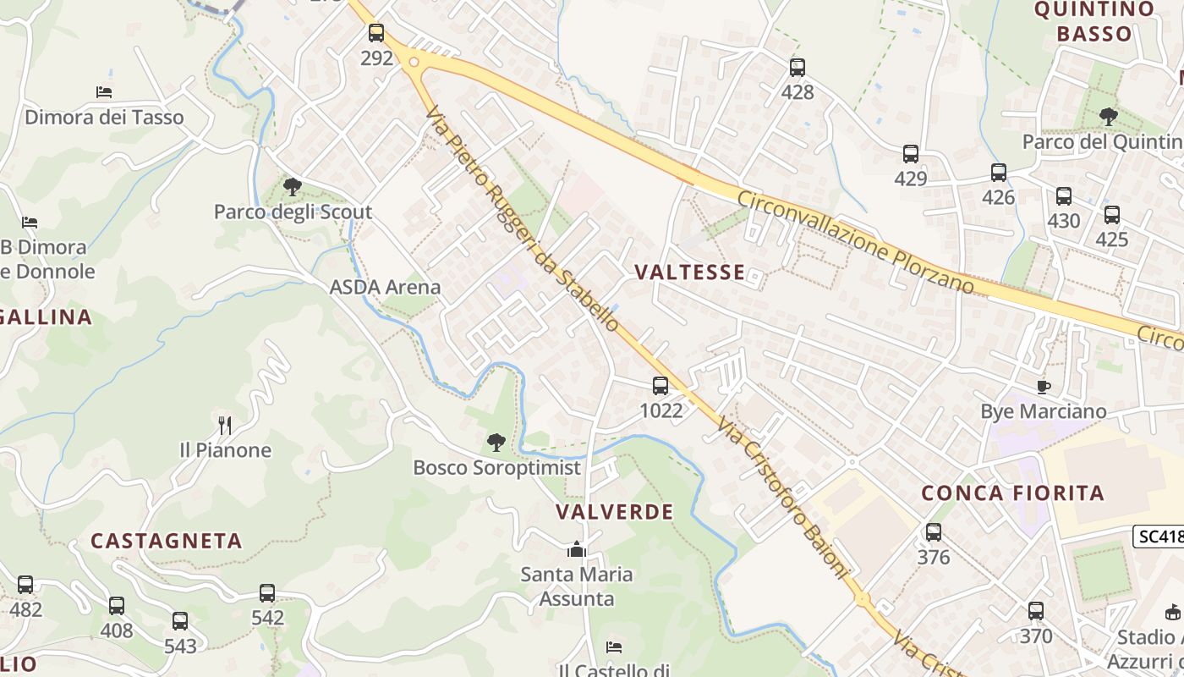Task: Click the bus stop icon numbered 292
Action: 376,33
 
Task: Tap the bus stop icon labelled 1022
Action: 661,386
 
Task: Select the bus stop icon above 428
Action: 797,68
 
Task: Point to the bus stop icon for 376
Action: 934,532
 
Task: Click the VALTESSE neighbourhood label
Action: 689,272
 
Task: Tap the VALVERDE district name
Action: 615,512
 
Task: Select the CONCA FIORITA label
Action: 1012,493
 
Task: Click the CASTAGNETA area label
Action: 167,541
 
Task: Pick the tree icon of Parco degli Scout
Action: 293,186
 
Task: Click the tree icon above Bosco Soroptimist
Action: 496,442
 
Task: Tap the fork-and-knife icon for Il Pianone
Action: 224,424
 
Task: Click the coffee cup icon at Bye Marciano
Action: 1044,387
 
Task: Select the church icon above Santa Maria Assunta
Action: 577,549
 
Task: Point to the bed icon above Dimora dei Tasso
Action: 104,91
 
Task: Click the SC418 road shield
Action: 1159,537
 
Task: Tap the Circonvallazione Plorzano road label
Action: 856,242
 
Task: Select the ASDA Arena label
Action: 385,287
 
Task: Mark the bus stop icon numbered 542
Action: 267,593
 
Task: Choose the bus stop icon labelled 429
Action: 911,154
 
